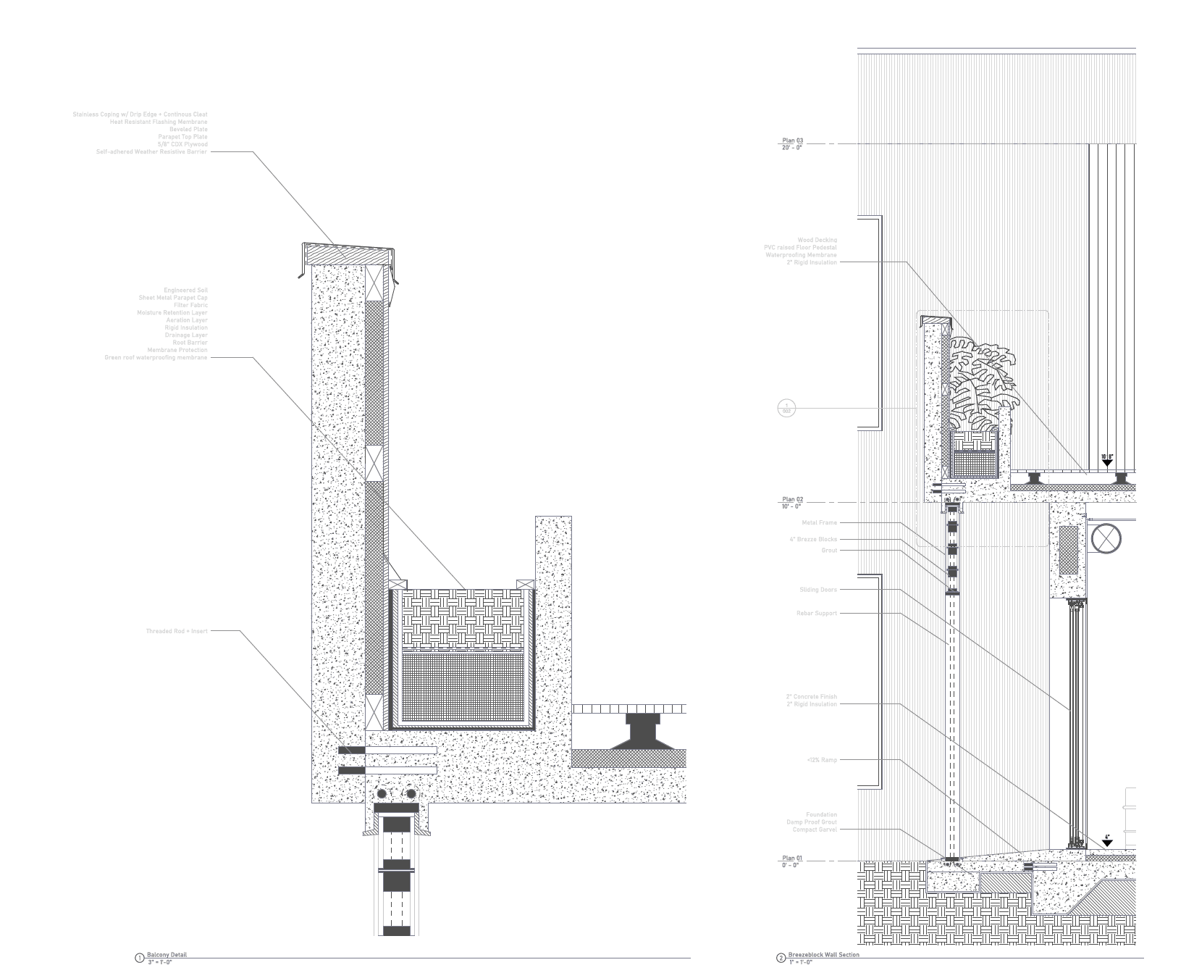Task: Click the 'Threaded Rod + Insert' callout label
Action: pos(177,631)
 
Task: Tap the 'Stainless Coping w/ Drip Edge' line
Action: pos(140,114)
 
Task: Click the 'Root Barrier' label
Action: pos(190,343)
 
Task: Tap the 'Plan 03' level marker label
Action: pos(792,141)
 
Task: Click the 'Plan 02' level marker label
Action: pos(792,500)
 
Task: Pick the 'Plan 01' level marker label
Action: pos(792,859)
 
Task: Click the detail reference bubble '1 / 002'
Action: pos(786,408)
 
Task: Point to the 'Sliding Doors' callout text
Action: pos(817,590)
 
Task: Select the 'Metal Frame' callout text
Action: pos(819,522)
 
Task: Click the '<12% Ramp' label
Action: pos(821,760)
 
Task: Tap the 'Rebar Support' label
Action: pos(816,613)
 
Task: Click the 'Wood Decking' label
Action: pos(817,240)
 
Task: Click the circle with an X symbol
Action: pos(1106,539)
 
